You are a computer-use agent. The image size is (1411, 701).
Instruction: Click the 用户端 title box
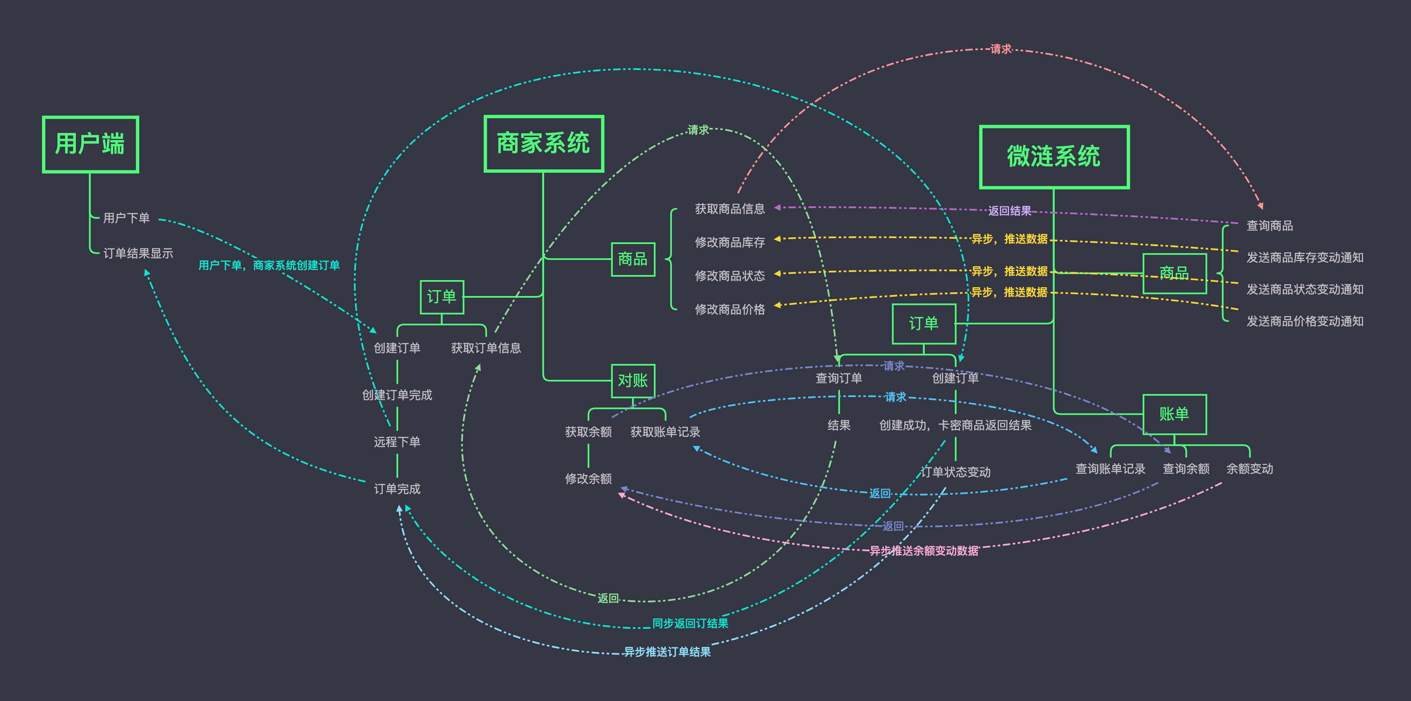91,145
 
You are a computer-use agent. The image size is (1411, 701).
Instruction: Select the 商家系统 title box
543,143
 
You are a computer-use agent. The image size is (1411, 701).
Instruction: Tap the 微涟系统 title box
1054,157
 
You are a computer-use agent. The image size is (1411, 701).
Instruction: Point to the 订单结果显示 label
138,253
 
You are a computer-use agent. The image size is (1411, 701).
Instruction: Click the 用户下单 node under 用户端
127,218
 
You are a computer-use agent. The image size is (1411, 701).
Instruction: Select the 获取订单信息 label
486,348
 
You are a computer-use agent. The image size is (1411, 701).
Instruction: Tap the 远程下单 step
397,442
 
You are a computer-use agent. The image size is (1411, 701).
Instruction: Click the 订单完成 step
397,488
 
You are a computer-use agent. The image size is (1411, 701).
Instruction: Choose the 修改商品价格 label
729,309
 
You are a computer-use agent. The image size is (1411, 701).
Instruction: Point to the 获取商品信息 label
729,209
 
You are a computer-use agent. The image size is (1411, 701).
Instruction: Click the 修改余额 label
588,479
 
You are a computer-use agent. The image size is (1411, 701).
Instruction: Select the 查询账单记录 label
1110,469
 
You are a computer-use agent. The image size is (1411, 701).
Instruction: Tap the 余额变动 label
1250,469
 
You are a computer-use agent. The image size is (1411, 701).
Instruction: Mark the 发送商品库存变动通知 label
1305,257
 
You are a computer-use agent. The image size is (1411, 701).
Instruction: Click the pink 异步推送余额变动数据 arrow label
923,550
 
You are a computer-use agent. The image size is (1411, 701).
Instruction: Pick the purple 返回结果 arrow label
1009,211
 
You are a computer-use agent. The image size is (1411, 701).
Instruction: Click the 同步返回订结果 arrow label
690,623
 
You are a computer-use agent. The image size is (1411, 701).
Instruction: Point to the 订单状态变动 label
956,472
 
